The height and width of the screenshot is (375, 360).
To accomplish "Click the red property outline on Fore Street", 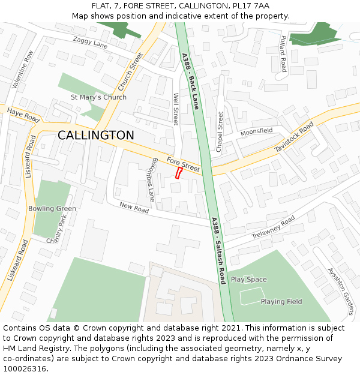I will [x=178, y=173].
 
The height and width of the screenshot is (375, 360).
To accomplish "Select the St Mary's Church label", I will [x=98, y=97].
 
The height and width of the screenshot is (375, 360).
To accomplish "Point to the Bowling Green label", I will [x=52, y=209].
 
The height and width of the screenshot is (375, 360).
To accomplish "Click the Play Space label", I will [x=249, y=280].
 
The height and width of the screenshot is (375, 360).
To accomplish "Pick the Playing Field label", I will [x=281, y=302].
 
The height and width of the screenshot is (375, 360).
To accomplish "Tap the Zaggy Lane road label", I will [x=90, y=43].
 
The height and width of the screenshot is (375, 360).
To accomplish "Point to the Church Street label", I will [x=131, y=71].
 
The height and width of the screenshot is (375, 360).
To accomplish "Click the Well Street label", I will [x=176, y=109].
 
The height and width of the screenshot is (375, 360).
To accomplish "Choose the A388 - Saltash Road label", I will [x=218, y=250].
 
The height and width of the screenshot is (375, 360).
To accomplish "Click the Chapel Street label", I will [x=220, y=131].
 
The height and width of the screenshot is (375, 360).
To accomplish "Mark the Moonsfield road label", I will [x=256, y=131].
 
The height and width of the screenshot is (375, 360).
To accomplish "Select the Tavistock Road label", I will [x=294, y=136].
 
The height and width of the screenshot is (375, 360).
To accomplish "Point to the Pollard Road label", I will [x=283, y=53].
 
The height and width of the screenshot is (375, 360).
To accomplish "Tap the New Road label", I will [x=134, y=207].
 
